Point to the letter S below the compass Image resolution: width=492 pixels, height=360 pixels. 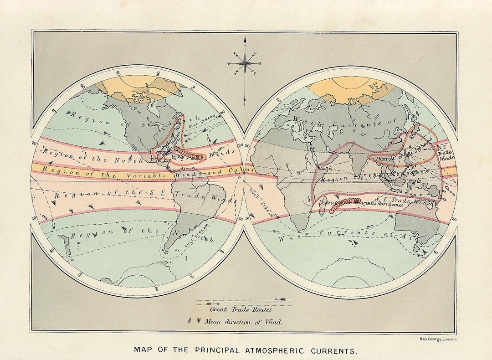245,99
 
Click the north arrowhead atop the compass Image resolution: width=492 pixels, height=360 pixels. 245,40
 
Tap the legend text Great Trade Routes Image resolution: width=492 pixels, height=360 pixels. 235,309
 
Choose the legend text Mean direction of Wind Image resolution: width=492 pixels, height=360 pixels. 243,322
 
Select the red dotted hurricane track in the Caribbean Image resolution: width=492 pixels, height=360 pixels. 189,154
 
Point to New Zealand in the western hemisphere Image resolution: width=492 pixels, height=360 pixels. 66,244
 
